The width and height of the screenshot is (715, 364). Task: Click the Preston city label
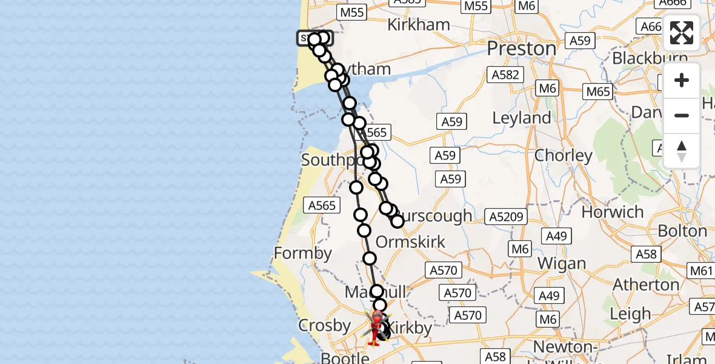[x=521, y=48]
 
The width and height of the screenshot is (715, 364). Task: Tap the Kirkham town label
[x=419, y=25]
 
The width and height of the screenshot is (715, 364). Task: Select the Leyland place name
[x=522, y=118]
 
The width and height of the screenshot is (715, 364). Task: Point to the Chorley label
[x=564, y=155]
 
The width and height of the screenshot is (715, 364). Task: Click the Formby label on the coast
[x=303, y=252]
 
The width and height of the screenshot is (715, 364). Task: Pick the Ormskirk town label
[x=410, y=241]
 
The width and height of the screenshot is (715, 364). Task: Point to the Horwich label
[x=613, y=212]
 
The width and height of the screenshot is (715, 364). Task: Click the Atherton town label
[x=646, y=284]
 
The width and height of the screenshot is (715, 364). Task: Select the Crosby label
[x=325, y=326]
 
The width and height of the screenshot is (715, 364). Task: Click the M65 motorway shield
[x=598, y=92]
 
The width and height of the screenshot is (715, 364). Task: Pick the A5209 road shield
[x=508, y=217]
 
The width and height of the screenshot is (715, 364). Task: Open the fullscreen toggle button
[x=681, y=33]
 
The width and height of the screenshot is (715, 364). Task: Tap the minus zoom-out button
[x=681, y=115]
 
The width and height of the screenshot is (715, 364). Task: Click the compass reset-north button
[x=681, y=150]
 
